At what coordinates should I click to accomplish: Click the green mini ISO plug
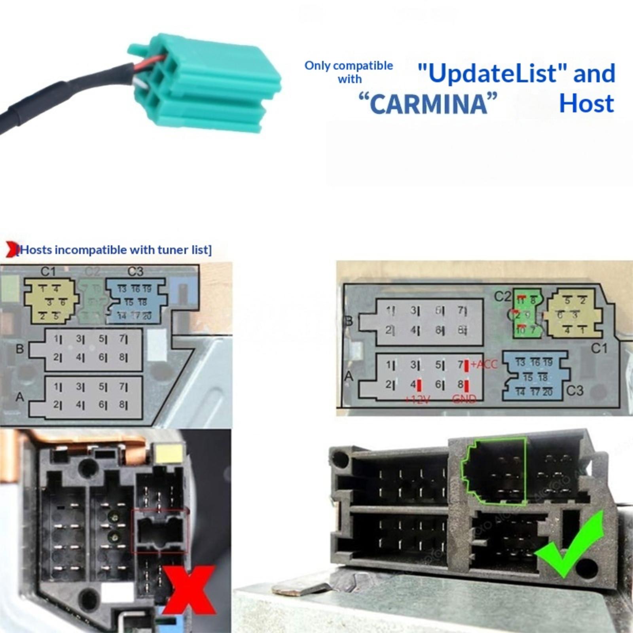pyautogui.click(x=206, y=83)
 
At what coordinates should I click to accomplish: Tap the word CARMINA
pyautogui.click(x=427, y=104)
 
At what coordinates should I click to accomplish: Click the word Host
pyautogui.click(x=586, y=104)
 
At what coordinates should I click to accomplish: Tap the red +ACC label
pyautogui.click(x=483, y=364)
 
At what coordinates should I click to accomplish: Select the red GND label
pyautogui.click(x=464, y=399)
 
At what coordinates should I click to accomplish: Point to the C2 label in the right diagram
pyautogui.click(x=502, y=296)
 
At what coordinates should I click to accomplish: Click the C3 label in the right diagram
pyautogui.click(x=575, y=390)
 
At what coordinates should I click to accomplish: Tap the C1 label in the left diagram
pyautogui.click(x=48, y=271)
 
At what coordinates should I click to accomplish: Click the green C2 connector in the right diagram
pyautogui.click(x=527, y=313)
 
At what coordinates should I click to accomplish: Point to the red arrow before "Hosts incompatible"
pyautogui.click(x=11, y=250)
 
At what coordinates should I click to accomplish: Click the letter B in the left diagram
pyautogui.click(x=19, y=349)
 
